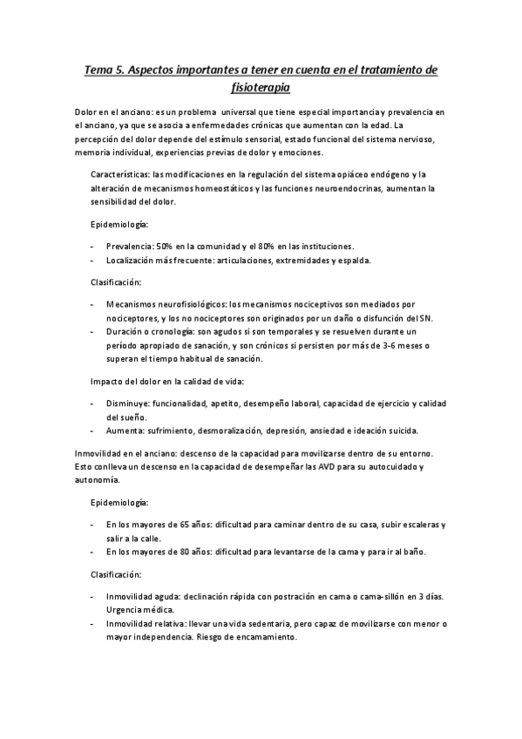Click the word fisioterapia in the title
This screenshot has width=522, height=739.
[261, 88]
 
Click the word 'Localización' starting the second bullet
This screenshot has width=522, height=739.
[132, 260]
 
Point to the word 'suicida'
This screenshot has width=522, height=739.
[402, 431]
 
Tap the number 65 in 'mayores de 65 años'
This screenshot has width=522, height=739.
[184, 525]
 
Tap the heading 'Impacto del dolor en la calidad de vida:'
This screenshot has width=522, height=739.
[167, 382]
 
